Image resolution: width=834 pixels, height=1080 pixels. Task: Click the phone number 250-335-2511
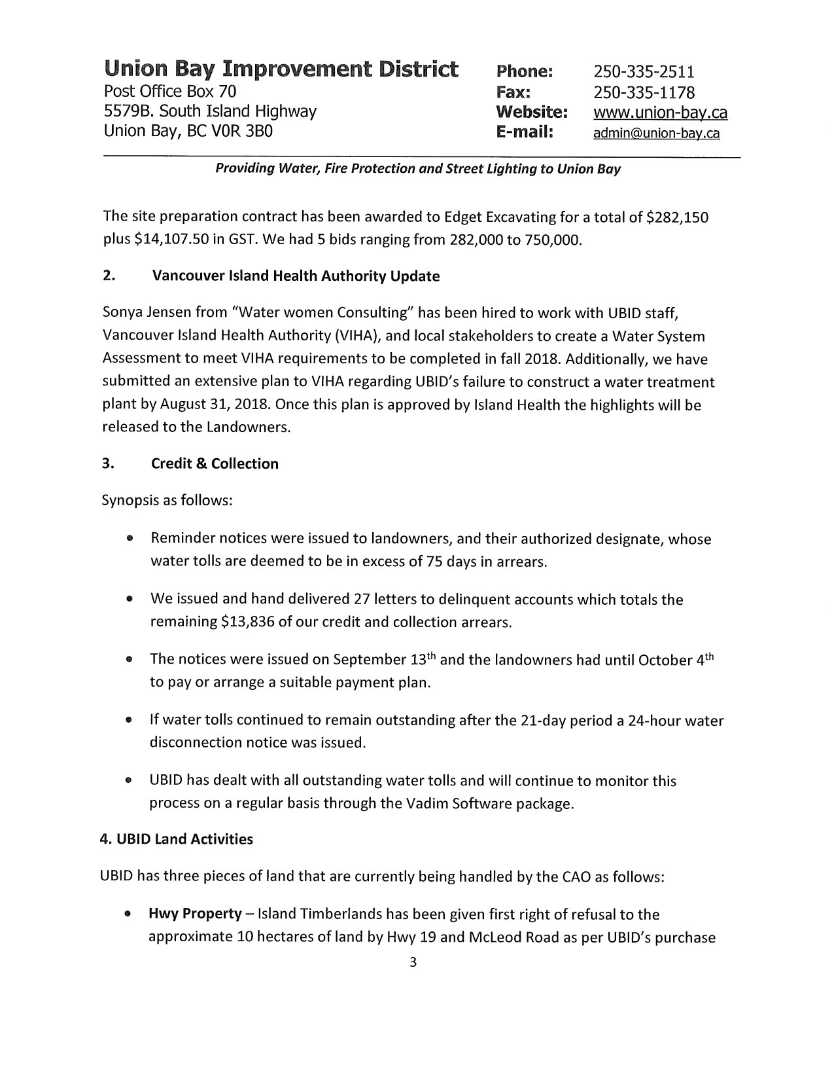coord(644,71)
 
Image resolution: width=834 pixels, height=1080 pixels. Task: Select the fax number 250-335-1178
coord(644,92)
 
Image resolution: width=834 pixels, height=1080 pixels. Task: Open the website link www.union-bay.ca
coord(660,113)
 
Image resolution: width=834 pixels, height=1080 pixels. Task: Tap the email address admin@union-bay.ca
coord(656,134)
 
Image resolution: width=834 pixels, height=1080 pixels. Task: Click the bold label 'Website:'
coord(531,112)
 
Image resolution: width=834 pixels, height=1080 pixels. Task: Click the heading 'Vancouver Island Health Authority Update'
coord(296,276)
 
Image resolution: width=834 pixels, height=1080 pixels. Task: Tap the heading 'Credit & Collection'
coord(215,464)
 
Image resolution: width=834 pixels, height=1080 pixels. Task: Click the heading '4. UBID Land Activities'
coord(177,839)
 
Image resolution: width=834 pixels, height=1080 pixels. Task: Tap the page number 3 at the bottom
coord(412,962)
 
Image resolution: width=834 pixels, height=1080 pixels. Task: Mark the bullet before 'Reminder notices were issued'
coord(131,539)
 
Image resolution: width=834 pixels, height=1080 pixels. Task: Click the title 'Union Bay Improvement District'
coord(281,69)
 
